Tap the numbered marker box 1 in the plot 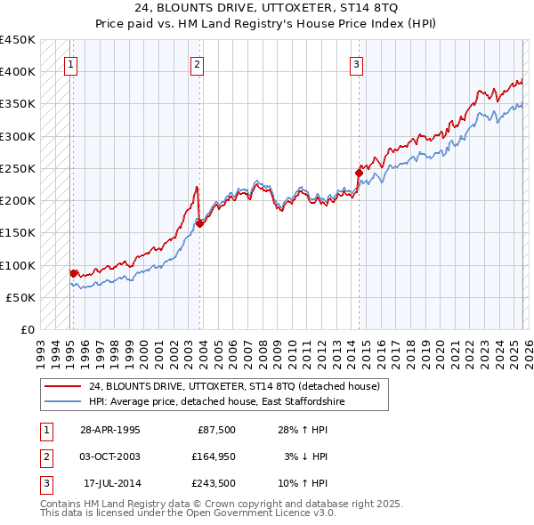click(70, 63)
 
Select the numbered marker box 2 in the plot click(197, 63)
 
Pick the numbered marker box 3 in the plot click(356, 63)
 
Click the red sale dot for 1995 click(74, 273)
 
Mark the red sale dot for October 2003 click(199, 223)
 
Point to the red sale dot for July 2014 click(359, 173)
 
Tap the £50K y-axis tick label click(21, 297)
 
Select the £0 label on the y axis click(28, 329)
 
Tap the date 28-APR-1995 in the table click(109, 430)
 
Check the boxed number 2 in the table click(45, 456)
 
